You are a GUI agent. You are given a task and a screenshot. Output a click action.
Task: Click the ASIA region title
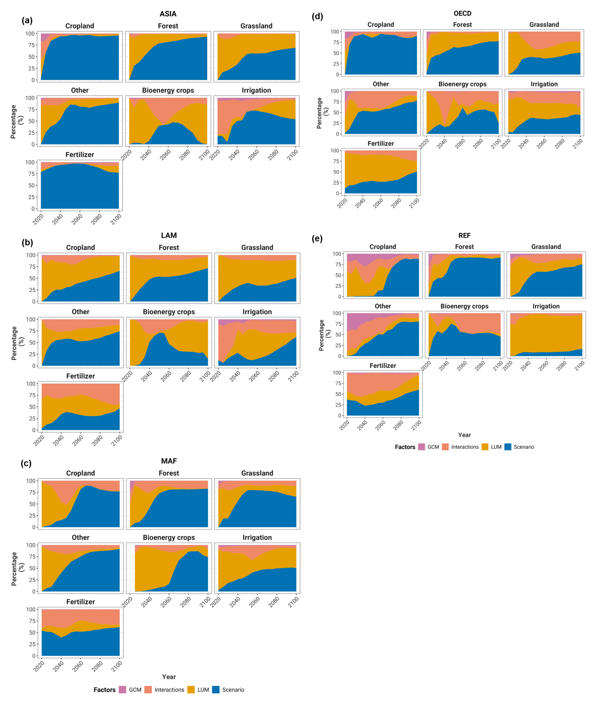click(168, 14)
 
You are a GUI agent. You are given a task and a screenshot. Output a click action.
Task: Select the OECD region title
click(462, 14)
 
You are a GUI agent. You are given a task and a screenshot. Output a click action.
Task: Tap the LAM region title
click(169, 235)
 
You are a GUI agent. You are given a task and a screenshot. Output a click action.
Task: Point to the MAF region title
click(169, 461)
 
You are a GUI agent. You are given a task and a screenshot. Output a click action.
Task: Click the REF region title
click(464, 235)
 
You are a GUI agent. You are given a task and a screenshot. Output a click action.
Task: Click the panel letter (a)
click(27, 20)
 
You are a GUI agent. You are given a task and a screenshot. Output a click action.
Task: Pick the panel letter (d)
click(317, 16)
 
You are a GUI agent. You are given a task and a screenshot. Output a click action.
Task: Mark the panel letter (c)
click(26, 463)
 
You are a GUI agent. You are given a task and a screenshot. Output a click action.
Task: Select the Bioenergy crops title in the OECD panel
click(462, 84)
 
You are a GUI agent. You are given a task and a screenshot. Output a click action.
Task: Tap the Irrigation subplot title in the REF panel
click(546, 306)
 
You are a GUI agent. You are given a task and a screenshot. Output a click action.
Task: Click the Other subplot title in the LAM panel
click(80, 312)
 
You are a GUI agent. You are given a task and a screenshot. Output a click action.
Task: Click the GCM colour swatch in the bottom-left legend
click(122, 690)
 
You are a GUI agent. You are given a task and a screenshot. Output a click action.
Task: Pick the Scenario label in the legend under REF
click(524, 447)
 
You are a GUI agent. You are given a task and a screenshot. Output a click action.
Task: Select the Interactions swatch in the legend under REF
click(445, 447)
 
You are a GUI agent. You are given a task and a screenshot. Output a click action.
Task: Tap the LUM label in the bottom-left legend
click(203, 690)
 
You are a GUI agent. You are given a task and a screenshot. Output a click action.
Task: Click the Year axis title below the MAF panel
click(169, 677)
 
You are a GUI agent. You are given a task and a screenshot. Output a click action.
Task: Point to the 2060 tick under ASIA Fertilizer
click(77, 219)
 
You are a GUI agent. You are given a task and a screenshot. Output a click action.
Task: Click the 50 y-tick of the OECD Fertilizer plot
click(336, 172)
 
